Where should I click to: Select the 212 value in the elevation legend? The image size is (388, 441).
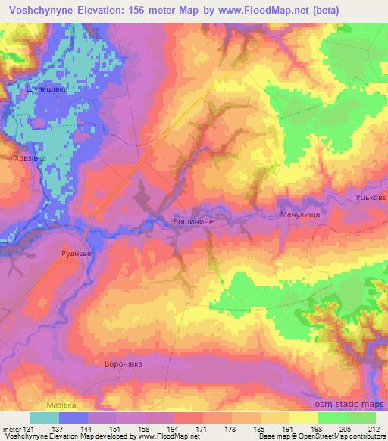pyautogui.click(x=374, y=428)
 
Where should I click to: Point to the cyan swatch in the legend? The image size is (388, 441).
pyautogui.click(x=45, y=418)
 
